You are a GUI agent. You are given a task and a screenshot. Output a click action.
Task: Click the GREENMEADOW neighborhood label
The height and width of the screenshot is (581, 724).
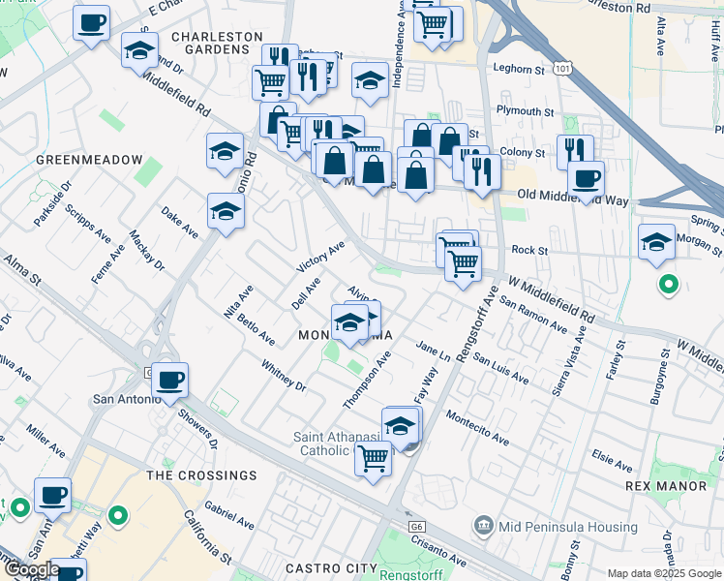click(89, 159)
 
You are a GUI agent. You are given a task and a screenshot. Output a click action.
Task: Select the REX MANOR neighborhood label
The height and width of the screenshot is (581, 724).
click(672, 484)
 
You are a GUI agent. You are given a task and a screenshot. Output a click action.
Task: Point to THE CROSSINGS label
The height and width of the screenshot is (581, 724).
click(201, 475)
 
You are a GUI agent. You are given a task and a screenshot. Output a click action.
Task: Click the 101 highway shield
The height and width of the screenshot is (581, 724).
click(562, 67)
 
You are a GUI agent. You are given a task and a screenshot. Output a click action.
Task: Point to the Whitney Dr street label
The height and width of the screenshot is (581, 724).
click(284, 375)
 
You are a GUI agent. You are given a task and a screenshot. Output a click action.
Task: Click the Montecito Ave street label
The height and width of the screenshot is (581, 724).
click(477, 426)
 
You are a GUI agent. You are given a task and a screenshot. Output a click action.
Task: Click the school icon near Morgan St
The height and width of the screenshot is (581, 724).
click(656, 240)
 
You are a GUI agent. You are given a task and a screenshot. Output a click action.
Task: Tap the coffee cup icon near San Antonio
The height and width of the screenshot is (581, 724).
click(170, 380)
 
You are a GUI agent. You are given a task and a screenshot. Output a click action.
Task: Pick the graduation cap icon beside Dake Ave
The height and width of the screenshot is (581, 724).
click(226, 212)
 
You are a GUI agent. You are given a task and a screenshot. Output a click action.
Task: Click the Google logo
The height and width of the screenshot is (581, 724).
click(31, 569)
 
